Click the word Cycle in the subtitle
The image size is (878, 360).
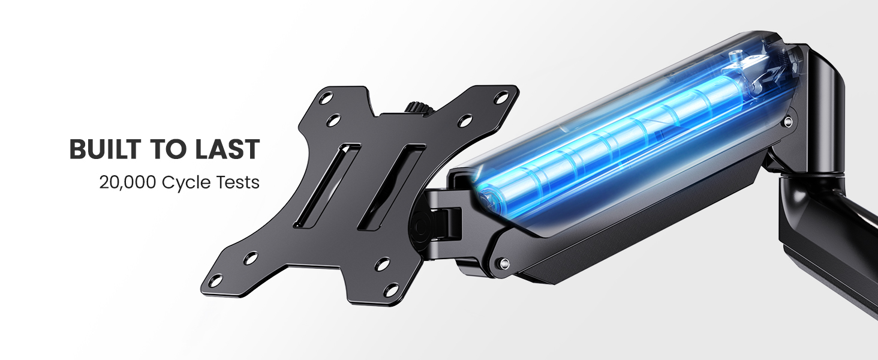click(184, 184)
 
